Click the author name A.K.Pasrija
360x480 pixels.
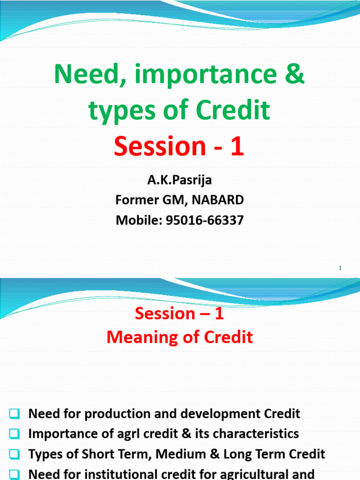tap(180, 180)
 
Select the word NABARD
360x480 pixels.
tap(219, 200)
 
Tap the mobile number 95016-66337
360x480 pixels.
tap(204, 220)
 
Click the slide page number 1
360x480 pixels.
tap(340, 268)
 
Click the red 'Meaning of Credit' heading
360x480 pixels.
tap(180, 337)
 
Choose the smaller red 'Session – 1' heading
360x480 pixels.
tap(180, 314)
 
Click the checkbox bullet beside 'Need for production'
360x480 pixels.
tap(14, 414)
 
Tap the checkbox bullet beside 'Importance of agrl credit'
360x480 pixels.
tap(14, 434)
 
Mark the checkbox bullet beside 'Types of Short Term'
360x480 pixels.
tap(14, 454)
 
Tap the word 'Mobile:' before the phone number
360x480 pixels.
tap(139, 220)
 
